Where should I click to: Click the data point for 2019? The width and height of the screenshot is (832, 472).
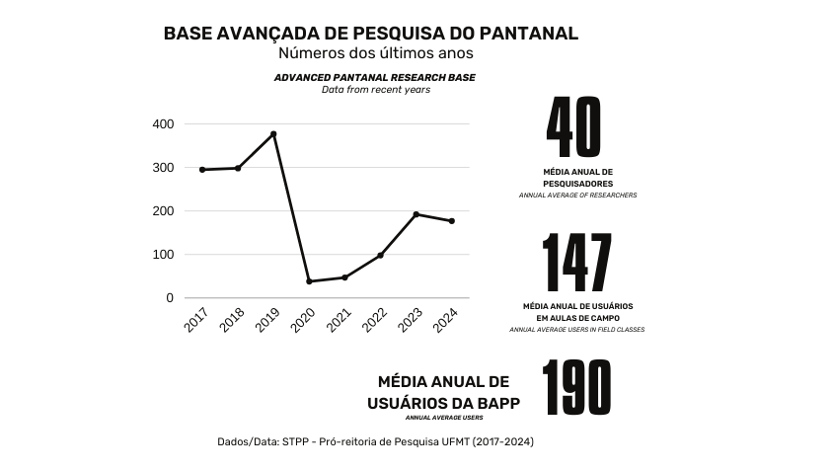click(273, 133)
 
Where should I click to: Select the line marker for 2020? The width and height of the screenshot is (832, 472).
click(309, 281)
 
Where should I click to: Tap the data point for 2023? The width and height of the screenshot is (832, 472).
click(416, 214)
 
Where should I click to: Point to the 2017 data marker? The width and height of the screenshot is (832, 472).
click(202, 170)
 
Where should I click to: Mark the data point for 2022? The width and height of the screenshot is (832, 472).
click(380, 256)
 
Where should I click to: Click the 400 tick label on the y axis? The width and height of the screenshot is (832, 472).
click(163, 124)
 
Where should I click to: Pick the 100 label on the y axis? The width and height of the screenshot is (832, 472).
click(163, 255)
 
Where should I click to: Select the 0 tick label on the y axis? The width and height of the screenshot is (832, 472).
click(170, 298)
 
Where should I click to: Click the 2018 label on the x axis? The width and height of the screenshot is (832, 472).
click(233, 320)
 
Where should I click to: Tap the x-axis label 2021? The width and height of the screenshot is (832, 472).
click(340, 320)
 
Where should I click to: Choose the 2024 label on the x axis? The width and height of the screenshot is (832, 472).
click(446, 320)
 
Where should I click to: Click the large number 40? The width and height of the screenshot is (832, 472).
click(574, 127)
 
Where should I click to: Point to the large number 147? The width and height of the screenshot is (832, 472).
click(577, 264)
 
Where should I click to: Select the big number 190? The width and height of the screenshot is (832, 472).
click(577, 388)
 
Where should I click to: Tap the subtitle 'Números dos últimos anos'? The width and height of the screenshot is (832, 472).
click(376, 53)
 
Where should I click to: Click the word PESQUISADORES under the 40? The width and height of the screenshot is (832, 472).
click(578, 184)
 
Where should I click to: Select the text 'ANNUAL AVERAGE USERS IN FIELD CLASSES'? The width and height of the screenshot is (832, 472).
click(577, 329)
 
